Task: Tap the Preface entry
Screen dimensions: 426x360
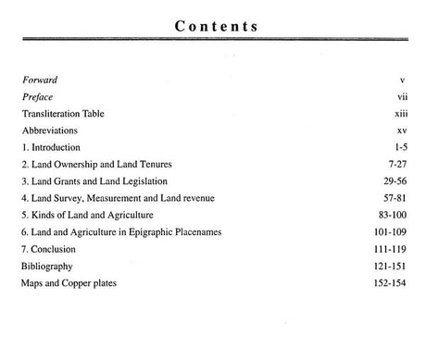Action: pyautogui.click(x=36, y=97)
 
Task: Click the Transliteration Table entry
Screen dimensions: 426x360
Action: pyautogui.click(x=63, y=114)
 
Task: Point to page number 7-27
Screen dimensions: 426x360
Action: pyautogui.click(x=395, y=164)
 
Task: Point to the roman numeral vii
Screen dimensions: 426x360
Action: pyautogui.click(x=401, y=97)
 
